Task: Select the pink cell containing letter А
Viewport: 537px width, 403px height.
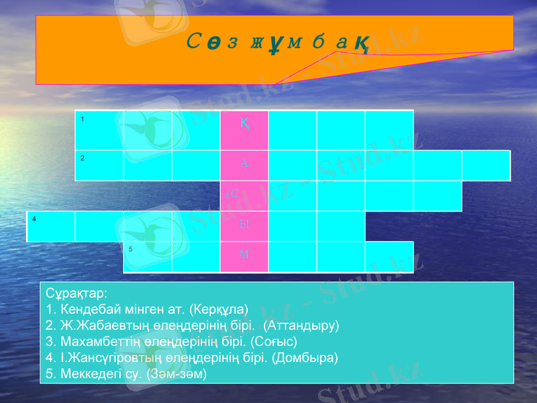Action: click(244, 165)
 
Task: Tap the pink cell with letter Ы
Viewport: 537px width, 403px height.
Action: click(244, 226)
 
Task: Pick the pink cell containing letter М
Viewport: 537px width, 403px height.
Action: click(244, 257)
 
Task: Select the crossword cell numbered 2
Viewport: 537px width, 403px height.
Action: click(99, 165)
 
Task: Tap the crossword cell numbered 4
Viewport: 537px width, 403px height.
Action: click(51, 226)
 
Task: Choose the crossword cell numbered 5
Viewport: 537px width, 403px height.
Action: click(147, 257)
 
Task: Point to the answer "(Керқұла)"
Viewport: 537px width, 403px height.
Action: click(219, 310)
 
